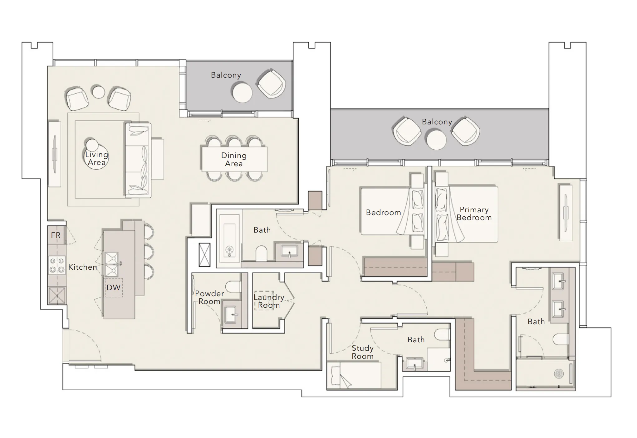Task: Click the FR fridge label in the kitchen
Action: coord(56,235)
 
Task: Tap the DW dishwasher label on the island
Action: coord(113,287)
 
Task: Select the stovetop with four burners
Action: coord(57,265)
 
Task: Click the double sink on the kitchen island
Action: coord(111,265)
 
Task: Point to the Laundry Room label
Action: coord(269,301)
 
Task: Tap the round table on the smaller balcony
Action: coord(242,92)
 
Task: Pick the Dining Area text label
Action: coord(234,160)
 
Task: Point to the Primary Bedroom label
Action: coord(474,214)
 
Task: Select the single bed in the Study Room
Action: coord(354,375)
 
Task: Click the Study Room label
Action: coord(362,352)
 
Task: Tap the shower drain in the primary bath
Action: coord(558,373)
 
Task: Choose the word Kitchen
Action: coord(82,267)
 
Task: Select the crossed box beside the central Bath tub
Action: coord(204,255)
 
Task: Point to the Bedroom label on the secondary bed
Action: coord(383,213)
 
